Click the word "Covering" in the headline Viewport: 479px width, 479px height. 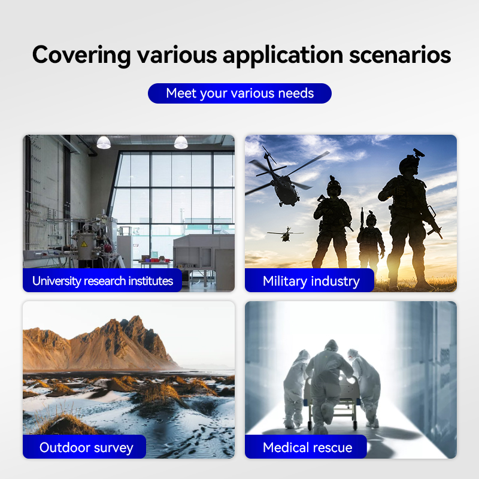click(x=81, y=55)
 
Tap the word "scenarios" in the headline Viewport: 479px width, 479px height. click(x=400, y=55)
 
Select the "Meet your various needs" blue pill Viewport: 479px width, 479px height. click(x=239, y=93)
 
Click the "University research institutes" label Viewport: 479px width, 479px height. click(x=102, y=281)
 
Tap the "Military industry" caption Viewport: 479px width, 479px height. click(x=311, y=281)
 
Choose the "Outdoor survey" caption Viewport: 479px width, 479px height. click(x=86, y=447)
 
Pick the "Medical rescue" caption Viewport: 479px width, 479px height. click(x=307, y=447)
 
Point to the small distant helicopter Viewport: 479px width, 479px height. click(x=286, y=234)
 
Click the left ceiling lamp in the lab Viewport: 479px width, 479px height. click(x=104, y=143)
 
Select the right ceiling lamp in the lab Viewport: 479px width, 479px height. click(x=181, y=143)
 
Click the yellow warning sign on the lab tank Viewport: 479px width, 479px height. click(x=84, y=244)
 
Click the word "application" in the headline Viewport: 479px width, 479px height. click(x=283, y=56)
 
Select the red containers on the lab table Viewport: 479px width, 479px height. click(x=155, y=260)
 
